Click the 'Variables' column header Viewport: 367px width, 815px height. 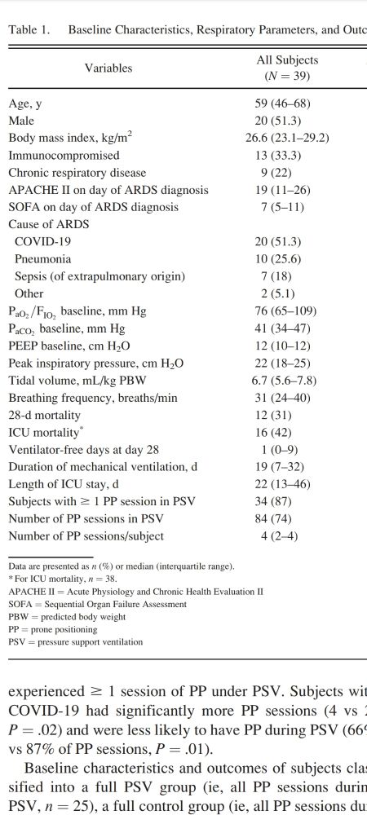coord(108,68)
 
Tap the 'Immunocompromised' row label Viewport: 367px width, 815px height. coord(64,155)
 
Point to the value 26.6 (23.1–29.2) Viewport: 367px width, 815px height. coord(287,138)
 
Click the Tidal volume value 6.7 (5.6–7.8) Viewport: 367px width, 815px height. coord(287,380)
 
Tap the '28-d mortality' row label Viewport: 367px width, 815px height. coord(46,415)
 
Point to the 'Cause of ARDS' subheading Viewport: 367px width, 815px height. coord(48,224)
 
